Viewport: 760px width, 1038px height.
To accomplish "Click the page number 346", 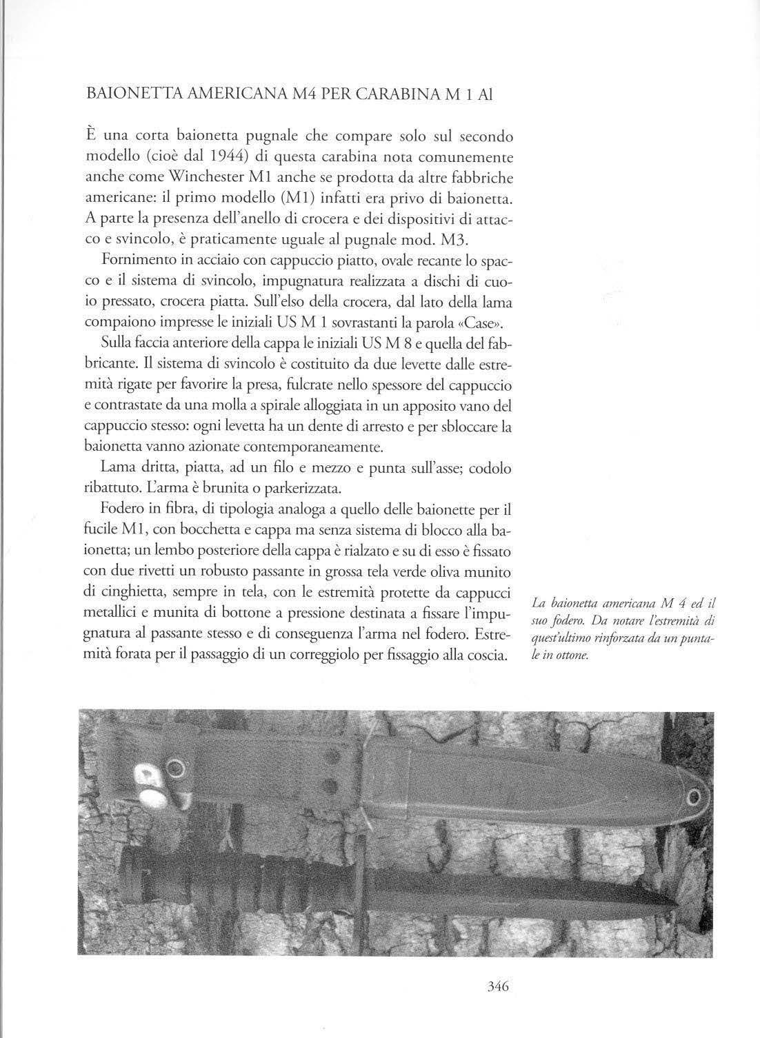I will coord(497,986).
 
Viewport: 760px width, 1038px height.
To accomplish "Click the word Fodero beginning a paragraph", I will coord(124,508).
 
